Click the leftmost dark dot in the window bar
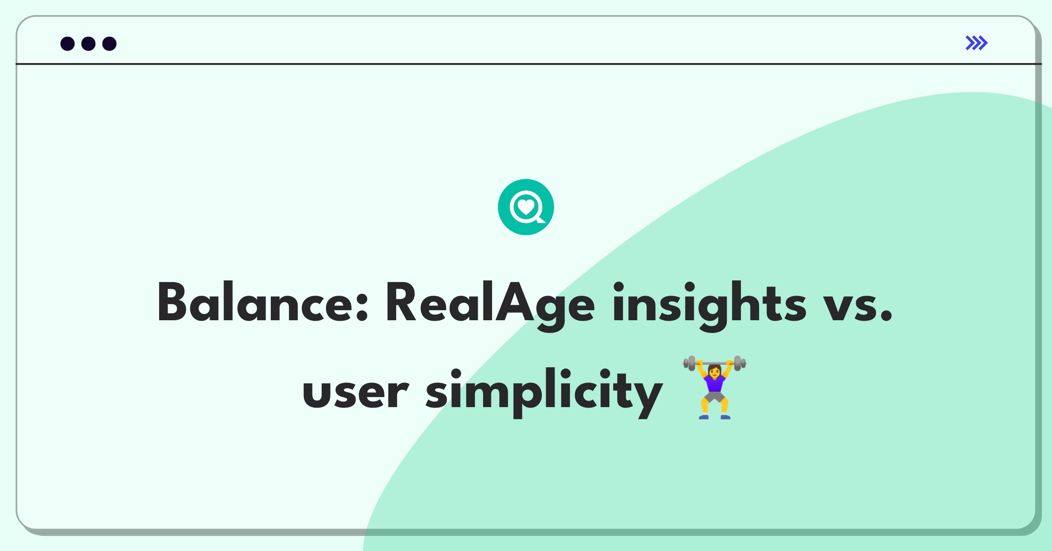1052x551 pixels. [x=68, y=43]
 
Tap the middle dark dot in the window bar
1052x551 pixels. [x=89, y=43]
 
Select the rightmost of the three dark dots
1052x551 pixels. [x=110, y=43]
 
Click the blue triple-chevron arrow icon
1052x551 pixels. [x=977, y=43]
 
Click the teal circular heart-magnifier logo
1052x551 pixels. [x=526, y=207]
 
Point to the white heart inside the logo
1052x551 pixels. [x=526, y=206]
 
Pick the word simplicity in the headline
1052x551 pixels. [x=544, y=392]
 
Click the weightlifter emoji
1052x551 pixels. [x=714, y=387]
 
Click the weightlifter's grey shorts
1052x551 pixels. [x=714, y=397]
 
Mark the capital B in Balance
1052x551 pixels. [x=174, y=302]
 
